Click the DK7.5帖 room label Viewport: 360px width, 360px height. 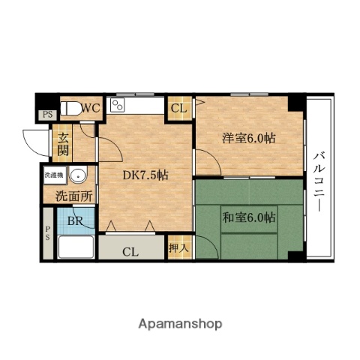pyautogui.click(x=145, y=175)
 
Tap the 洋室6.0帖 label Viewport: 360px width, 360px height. pyautogui.click(x=247, y=138)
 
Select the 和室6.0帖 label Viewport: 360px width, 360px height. pyautogui.click(x=248, y=217)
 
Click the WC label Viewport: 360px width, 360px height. pyautogui.click(x=91, y=108)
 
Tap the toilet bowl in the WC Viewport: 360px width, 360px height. pyautogui.click(x=70, y=109)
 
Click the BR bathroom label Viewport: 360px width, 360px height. pyautogui.click(x=75, y=220)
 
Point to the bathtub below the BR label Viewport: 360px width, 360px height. pyautogui.click(x=76, y=245)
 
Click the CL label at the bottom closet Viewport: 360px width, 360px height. pyautogui.click(x=130, y=251)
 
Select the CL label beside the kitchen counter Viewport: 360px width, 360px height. pyautogui.click(x=178, y=108)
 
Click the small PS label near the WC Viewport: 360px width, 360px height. pyautogui.click(x=47, y=115)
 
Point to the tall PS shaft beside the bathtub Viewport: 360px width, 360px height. pyautogui.click(x=47, y=233)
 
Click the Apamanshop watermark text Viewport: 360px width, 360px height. pyautogui.click(x=180, y=324)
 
